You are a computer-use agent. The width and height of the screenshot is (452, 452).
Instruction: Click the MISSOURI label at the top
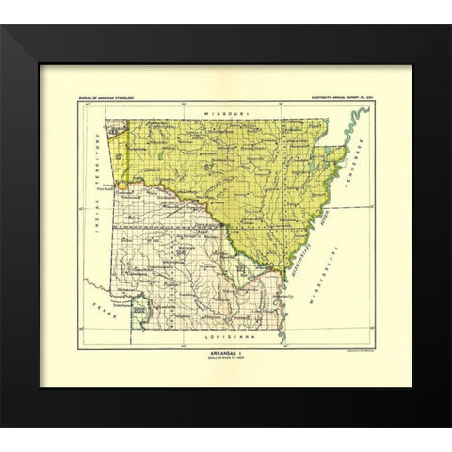tap(226, 112)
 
